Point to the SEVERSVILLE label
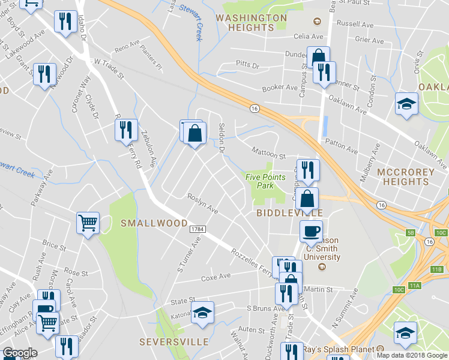174,342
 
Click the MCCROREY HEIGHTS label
412,177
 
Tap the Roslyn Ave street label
202,204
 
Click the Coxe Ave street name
216,277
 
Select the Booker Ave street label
280,88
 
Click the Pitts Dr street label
247,64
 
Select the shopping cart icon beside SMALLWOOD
88,223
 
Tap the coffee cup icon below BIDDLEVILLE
311,230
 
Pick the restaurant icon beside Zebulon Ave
125,129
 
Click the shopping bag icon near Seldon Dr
195,133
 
